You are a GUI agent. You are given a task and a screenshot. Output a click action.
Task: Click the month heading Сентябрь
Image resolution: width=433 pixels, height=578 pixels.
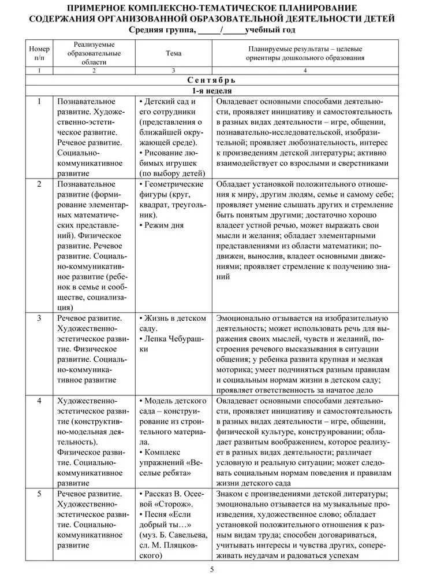coord(212,81)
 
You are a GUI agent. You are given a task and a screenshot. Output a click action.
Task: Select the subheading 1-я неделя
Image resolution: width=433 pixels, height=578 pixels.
coord(212,91)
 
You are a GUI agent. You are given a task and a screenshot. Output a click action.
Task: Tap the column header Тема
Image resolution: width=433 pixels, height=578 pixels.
coord(173,53)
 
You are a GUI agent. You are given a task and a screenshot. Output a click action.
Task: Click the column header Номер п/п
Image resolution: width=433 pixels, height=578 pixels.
coord(39,53)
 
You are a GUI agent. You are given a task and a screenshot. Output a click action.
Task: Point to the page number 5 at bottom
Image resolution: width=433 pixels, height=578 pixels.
coord(212,569)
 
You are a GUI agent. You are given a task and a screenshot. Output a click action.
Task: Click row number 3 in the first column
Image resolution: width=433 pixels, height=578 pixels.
coord(39,318)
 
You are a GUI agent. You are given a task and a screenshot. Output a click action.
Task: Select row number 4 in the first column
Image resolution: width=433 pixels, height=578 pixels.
coord(39,401)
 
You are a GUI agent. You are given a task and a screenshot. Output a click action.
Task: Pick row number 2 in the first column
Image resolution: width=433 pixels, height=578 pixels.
coord(39,184)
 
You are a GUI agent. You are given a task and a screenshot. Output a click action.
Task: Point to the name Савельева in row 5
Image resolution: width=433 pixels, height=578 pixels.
coord(184,536)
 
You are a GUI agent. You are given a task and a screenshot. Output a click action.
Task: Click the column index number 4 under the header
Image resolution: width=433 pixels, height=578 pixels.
coord(305,71)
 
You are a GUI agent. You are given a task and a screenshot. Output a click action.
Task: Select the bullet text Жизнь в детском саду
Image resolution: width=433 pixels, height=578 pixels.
coord(171,323)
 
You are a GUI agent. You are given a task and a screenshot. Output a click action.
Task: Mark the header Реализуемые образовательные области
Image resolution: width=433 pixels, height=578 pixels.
coord(94,53)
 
